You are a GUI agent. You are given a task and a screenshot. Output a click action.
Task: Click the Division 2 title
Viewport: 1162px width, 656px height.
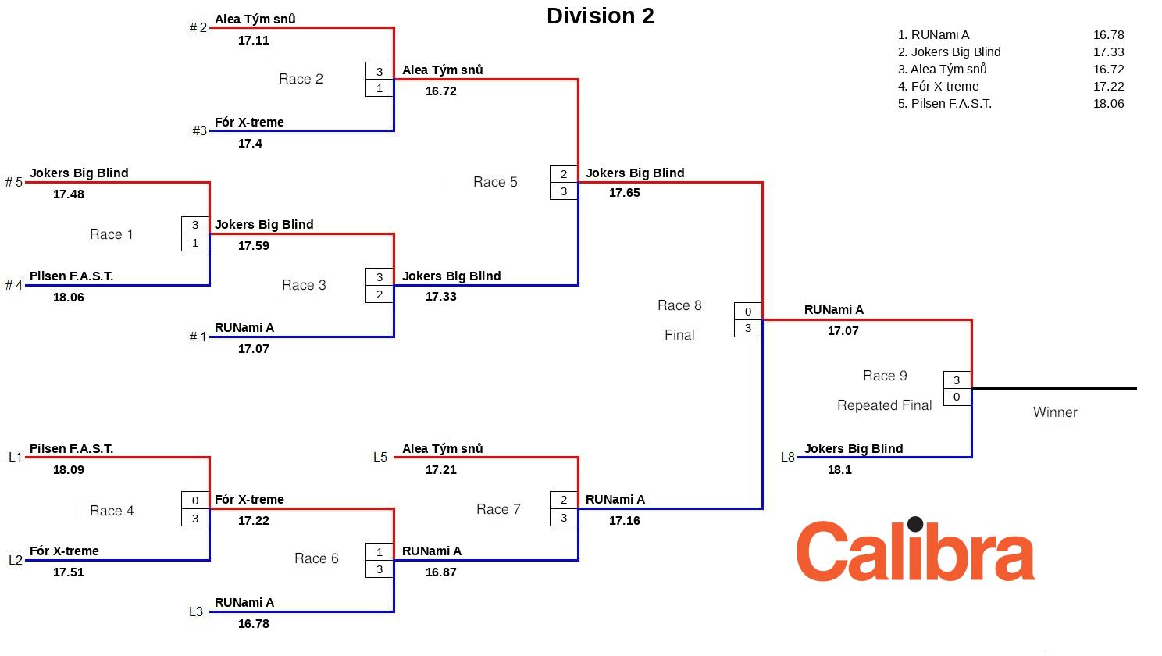[600, 16]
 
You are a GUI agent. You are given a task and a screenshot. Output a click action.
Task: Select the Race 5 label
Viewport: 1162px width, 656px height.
[495, 182]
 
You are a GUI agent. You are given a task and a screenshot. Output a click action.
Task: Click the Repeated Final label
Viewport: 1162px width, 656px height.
[884, 405]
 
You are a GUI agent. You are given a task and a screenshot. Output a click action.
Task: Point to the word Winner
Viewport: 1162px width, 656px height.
[1054, 412]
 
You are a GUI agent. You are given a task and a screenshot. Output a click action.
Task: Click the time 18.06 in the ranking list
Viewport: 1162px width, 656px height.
[1108, 104]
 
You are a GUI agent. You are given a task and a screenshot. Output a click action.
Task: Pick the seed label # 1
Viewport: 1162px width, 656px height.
[198, 337]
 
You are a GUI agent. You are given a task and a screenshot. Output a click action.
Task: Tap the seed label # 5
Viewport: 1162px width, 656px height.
[14, 183]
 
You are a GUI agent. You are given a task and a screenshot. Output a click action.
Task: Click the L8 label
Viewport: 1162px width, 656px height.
[787, 458]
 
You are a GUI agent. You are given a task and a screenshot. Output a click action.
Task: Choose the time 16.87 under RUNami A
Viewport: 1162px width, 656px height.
[441, 572]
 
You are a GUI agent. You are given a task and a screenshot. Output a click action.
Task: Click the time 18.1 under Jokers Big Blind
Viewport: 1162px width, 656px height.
[839, 470]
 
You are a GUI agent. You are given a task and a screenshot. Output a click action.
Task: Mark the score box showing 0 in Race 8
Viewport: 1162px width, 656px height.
[748, 312]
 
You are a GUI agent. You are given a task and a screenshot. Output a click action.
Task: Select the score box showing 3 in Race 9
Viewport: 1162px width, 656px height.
[957, 380]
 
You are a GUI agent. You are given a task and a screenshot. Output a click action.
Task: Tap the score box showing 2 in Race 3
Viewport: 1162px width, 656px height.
[380, 294]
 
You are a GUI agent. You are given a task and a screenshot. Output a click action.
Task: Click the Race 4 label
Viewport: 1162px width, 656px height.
[112, 511]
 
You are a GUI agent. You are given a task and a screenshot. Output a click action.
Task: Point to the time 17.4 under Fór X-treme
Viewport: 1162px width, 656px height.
[250, 144]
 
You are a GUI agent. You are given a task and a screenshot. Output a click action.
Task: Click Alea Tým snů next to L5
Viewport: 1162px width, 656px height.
[442, 449]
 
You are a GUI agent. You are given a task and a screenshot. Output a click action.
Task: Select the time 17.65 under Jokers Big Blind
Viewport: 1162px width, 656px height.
[625, 193]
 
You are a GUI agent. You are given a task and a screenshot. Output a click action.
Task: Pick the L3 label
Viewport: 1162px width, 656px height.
[196, 612]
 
